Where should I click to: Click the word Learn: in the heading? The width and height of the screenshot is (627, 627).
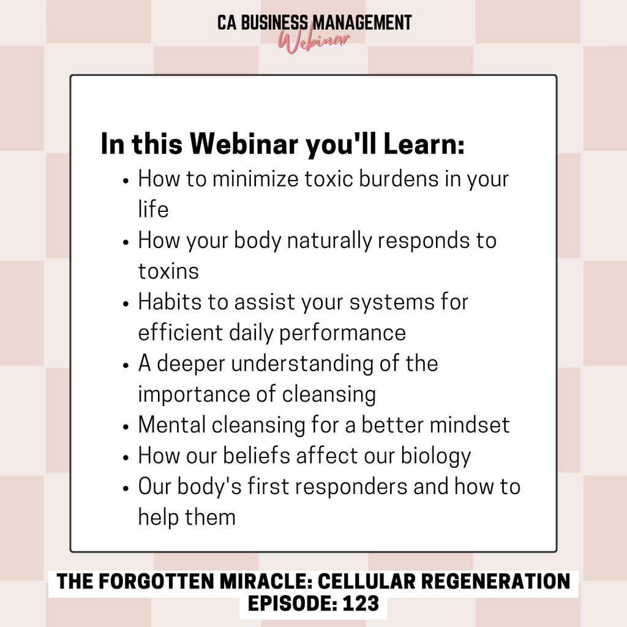(424, 143)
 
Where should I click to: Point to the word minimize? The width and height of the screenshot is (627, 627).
(255, 178)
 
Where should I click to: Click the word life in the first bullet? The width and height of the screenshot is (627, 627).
(153, 209)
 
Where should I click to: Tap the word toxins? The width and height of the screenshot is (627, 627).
(168, 271)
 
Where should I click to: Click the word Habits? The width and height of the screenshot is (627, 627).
(170, 301)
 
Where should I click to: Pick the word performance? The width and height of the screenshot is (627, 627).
(342, 333)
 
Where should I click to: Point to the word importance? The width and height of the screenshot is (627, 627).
(207, 394)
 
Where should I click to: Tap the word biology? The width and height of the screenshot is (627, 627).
(436, 456)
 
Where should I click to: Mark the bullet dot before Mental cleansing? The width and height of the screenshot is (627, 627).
(126, 426)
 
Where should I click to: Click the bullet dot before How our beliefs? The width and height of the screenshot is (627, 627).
(126, 457)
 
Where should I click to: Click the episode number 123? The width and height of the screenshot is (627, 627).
(361, 603)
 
